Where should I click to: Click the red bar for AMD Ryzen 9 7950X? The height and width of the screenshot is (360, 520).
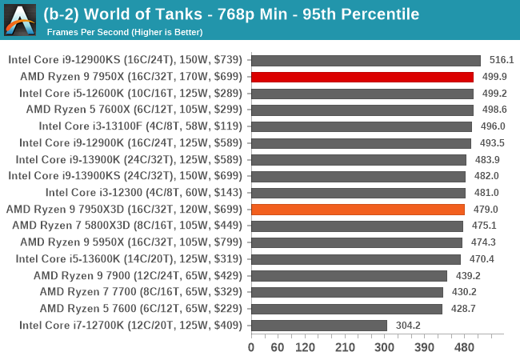362,77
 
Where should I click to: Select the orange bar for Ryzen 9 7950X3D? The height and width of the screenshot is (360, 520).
358,209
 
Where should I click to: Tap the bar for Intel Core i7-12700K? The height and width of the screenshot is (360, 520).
318,325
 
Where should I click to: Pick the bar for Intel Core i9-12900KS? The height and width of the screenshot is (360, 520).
366,60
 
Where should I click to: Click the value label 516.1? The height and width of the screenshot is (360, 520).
501,60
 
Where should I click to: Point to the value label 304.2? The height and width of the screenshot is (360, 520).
407,325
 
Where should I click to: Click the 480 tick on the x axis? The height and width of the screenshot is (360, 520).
465,348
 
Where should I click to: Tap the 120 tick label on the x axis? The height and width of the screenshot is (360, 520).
305,348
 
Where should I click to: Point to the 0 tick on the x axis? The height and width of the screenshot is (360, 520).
251,348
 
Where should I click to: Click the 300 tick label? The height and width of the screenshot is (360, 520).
385,348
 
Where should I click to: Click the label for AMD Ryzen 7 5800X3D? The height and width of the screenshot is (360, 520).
127,226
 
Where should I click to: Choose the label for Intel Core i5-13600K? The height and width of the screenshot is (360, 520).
129,258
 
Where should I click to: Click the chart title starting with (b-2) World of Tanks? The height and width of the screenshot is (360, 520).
232,14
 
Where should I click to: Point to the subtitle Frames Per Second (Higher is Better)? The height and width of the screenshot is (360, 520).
124,32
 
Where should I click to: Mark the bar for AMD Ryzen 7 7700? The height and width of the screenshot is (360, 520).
346,292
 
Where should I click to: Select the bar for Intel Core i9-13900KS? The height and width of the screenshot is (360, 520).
358,176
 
